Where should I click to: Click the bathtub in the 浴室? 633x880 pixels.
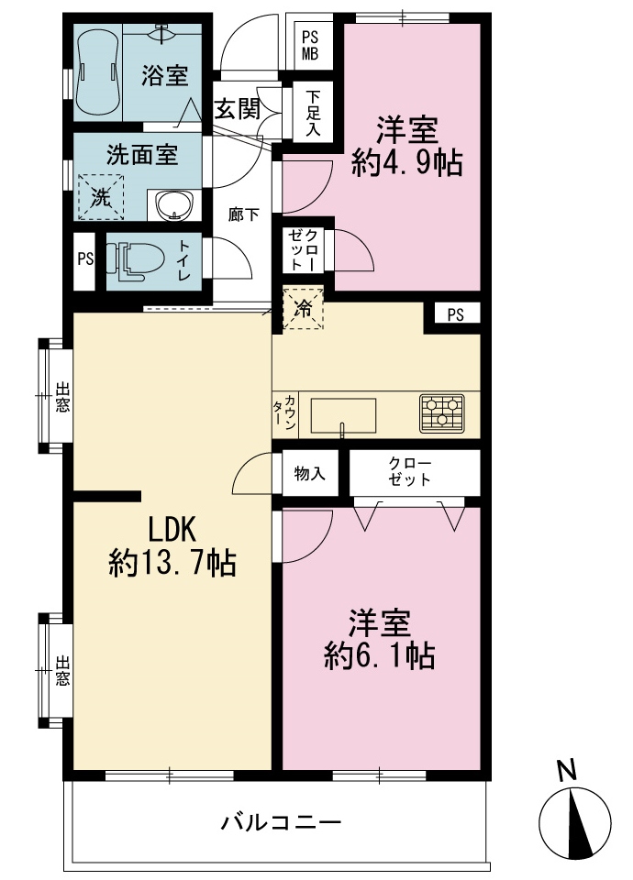coord(98,71)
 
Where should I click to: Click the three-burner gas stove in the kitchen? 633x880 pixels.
coord(442,413)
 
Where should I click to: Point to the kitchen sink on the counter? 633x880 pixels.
coord(343,416)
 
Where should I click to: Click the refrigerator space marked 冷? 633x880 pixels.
coord(303,308)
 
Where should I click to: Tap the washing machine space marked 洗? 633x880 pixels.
coord(101,197)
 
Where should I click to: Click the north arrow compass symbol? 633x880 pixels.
coord(574,824)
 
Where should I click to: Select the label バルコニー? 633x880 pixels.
coord(281,823)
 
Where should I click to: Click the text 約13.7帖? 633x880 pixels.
coord(172,562)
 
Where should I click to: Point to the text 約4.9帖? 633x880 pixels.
coord(407,163)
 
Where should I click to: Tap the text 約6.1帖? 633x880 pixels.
coord(379,654)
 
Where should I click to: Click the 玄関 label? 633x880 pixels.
coord(238,109)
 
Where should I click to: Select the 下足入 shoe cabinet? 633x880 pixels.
coord(313,112)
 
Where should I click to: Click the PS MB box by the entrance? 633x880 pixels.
coord(310,46)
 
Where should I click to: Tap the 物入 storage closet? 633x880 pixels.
coord(310,473)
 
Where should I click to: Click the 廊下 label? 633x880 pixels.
coord(243,214)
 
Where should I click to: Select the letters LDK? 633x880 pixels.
coord(172,528)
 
